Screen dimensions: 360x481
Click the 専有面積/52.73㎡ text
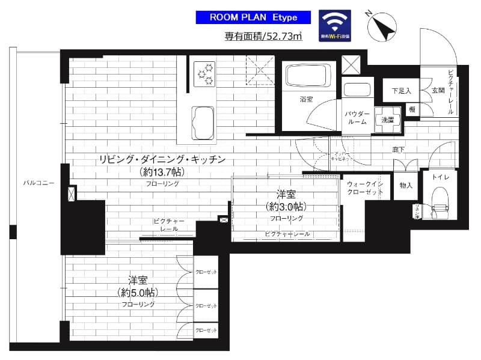point(263,36)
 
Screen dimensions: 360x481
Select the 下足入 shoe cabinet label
point(401,91)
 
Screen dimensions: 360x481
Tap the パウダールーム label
point(356,117)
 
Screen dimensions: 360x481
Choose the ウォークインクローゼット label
point(365,188)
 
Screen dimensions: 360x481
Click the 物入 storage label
point(406,186)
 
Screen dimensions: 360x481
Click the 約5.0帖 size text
point(138,293)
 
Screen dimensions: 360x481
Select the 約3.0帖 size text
point(286,206)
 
